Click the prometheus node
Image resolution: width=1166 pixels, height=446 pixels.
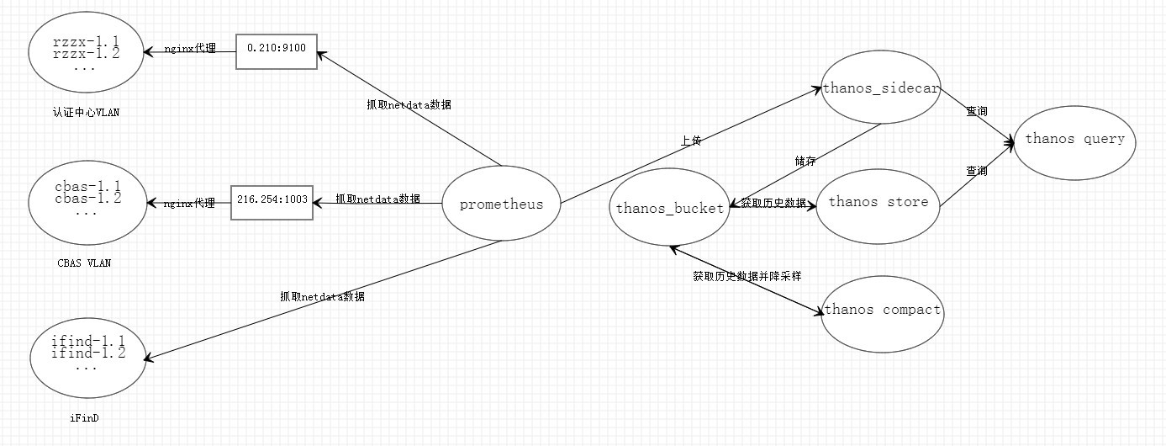click(x=501, y=204)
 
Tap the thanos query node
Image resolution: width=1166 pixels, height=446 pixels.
click(x=1074, y=139)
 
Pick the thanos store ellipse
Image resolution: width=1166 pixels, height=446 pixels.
click(x=878, y=202)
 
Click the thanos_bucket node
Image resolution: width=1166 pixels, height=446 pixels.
click(x=669, y=209)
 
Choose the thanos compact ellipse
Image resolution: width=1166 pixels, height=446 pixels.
click(x=882, y=310)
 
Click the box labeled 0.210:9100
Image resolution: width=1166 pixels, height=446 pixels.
click(x=276, y=50)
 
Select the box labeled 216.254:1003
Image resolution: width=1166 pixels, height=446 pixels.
click(x=272, y=201)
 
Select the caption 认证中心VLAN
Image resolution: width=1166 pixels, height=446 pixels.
click(x=86, y=112)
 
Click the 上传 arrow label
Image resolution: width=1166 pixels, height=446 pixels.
click(x=691, y=141)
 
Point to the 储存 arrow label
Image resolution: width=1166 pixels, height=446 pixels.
click(x=805, y=160)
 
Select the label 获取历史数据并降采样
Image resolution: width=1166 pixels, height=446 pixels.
click(x=747, y=275)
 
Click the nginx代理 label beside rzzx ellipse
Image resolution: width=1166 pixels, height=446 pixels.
click(x=190, y=49)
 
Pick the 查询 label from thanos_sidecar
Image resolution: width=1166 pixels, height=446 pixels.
click(x=976, y=111)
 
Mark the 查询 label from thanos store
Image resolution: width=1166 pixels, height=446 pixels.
click(x=976, y=171)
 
